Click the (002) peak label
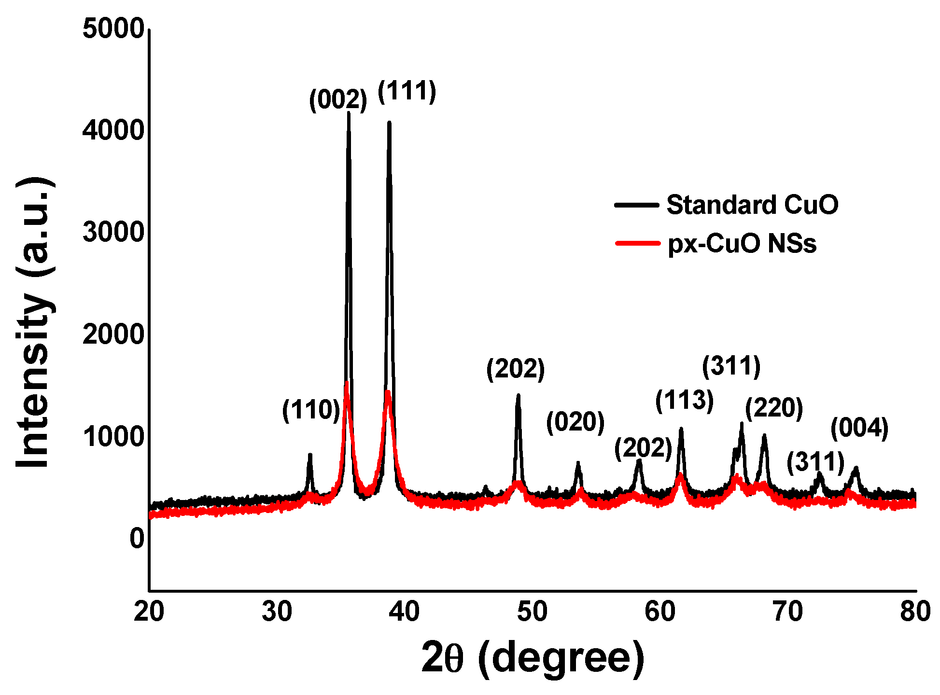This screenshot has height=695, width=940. pos(338,100)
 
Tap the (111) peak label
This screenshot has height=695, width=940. pos(407,91)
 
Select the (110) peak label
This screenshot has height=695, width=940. pos(311,410)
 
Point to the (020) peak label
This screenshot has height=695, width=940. pos(575,422)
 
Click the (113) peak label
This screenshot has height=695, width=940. pos(684,401)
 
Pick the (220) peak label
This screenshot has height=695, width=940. pos(773,408)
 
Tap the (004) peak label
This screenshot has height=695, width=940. pos(859,428)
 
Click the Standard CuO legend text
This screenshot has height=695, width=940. pos(752,205)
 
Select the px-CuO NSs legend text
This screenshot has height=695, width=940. pos(742,243)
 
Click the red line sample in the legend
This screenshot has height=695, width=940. pos(637,243)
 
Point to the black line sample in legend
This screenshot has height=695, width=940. pos(636,205)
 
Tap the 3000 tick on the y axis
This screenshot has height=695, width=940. pos(113,232)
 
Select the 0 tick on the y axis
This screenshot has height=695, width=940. pos(137,538)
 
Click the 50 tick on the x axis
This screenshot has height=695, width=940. pos(532,612)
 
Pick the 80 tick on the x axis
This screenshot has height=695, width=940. pos(915,612)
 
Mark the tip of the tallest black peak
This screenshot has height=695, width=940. pos(349,113)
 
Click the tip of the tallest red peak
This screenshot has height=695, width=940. pos(347,383)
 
